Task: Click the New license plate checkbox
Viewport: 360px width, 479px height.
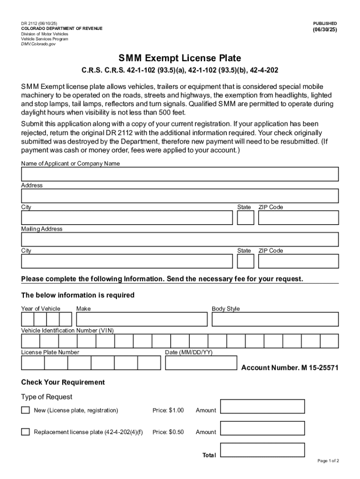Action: point(25,410)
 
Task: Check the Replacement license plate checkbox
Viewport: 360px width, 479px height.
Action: point(25,432)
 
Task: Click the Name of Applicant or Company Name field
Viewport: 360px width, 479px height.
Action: point(180,174)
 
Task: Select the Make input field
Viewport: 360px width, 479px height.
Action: point(142,319)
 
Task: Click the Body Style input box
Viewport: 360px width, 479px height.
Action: point(275,319)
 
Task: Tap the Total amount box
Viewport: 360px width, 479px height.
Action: point(262,450)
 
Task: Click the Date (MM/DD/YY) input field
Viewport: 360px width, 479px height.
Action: point(201,363)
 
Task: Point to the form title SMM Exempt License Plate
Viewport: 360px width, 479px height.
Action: point(180,58)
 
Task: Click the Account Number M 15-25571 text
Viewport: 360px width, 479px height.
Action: point(290,368)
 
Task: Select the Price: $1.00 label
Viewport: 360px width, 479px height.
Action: point(168,410)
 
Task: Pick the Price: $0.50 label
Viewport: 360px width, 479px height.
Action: point(168,432)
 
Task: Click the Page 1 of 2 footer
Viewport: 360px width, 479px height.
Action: point(328,461)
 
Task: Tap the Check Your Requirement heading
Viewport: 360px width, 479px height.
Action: point(63,382)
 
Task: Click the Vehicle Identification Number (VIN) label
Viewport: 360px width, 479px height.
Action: point(67,330)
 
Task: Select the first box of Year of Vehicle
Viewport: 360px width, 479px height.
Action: point(28,319)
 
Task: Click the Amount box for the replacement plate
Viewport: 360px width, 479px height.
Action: point(262,428)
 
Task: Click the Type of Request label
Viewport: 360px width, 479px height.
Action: point(47,397)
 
